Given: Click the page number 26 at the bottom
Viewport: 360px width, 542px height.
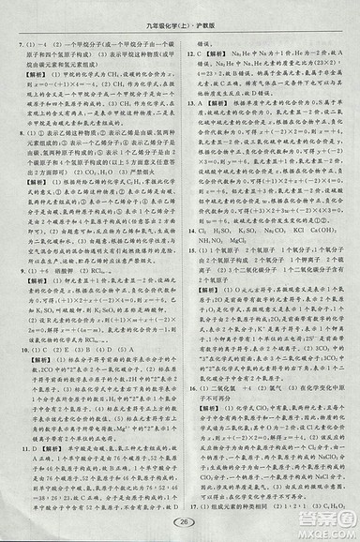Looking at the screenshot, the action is [x=181, y=521].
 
